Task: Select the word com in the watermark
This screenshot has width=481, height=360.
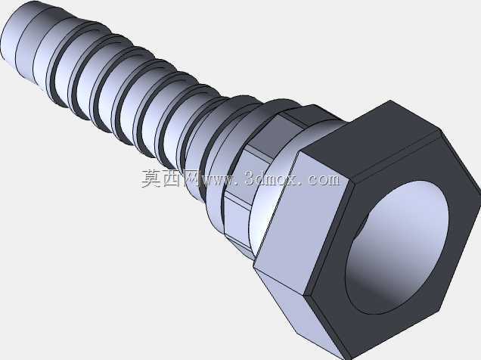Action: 324,179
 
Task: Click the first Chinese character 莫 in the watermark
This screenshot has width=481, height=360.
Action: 151,178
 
